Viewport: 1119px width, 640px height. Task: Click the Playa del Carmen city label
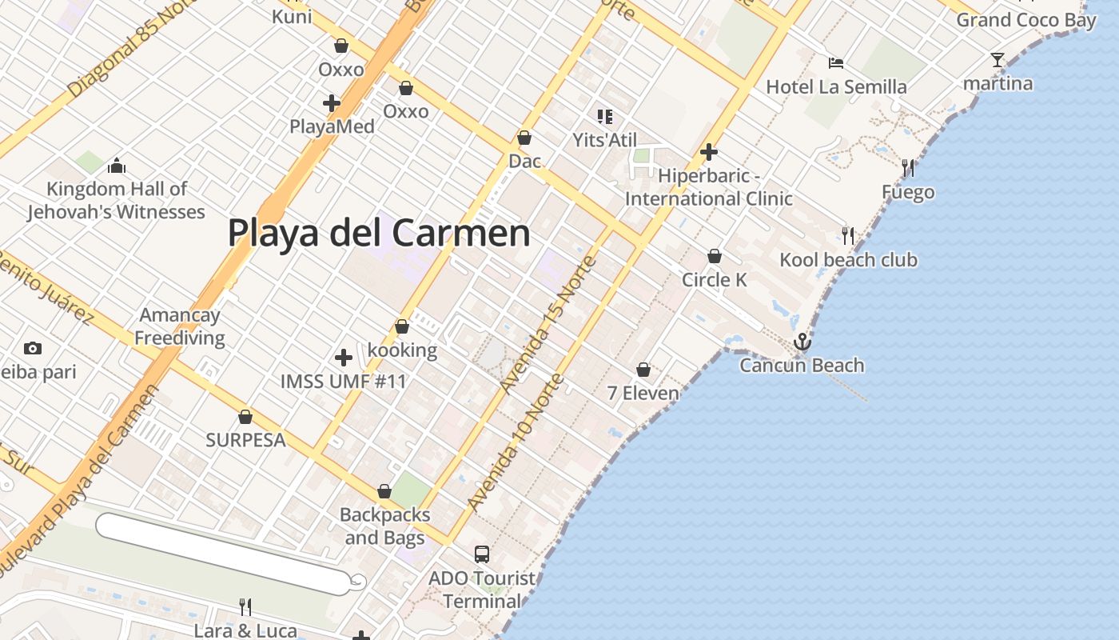379,233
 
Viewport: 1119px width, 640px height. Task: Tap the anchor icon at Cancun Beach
802,342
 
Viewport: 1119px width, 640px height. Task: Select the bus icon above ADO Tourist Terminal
482,554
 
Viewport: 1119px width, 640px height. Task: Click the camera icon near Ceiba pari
33,348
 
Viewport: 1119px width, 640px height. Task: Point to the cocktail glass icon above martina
997,60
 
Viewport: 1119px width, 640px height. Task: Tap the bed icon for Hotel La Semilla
836,63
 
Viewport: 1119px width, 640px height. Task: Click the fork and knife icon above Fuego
907,168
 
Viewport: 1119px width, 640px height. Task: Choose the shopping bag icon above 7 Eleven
643,370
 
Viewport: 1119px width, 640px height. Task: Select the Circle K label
715,279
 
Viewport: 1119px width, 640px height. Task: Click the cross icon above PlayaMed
332,103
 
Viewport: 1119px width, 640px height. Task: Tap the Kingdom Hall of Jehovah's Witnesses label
117,201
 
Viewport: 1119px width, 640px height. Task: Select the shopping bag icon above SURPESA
245,417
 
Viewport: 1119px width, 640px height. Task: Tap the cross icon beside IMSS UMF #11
344,358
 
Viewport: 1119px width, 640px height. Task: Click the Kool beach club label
848,260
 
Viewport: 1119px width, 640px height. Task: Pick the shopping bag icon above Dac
524,138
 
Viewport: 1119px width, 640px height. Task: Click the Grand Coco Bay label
1026,20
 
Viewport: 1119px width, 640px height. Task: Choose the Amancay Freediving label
180,326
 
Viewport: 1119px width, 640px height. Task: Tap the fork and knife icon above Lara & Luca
245,607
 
